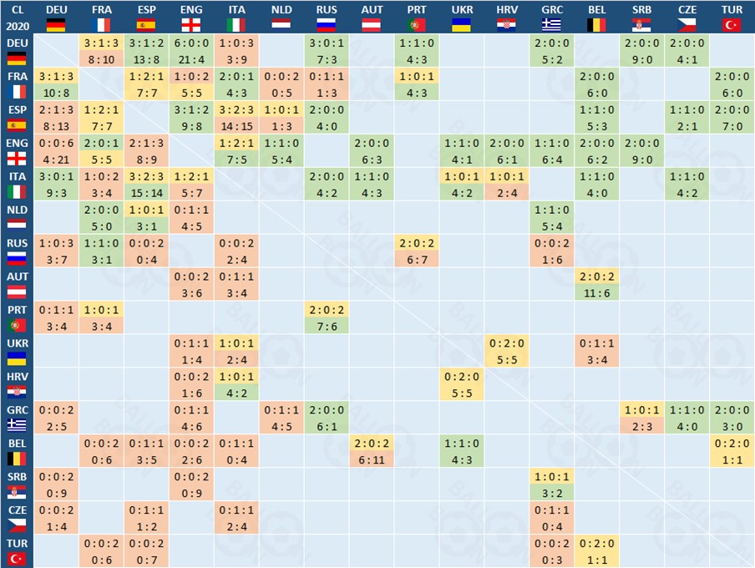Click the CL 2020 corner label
click(17, 17)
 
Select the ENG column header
click(191, 9)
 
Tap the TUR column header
click(732, 9)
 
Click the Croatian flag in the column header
click(507, 24)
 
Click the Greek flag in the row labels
click(17, 424)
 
